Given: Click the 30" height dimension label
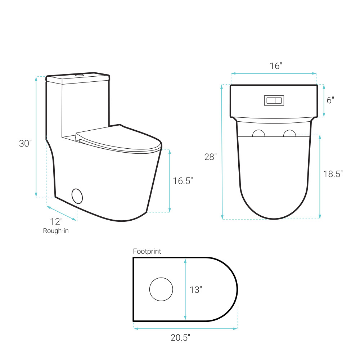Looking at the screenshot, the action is coord(25,144).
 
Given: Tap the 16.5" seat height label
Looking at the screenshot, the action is coord(183,181).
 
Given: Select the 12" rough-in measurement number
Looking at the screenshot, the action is coord(57,222).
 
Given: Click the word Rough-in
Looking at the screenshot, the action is coord(56,231).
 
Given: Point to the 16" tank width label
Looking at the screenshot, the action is coord(276,66).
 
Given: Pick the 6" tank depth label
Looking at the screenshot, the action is coord(330,100).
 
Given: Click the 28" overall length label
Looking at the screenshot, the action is coord(211,157).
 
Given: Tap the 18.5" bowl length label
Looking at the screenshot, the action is coord(333,174).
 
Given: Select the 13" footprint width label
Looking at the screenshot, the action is coord(196,290).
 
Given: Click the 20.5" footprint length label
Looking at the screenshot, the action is coord(180,338).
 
